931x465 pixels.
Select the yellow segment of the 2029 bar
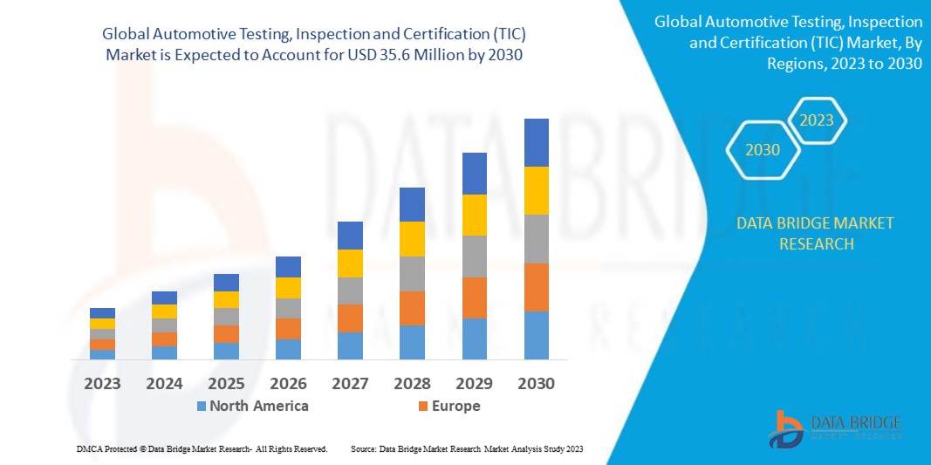tap(474, 215)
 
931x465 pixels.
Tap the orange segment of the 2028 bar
tap(412, 308)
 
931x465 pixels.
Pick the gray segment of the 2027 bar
tap(350, 291)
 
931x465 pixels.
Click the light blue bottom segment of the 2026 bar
tap(288, 349)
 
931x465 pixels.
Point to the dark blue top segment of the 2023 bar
tap(102, 313)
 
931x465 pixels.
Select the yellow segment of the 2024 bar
tap(164, 311)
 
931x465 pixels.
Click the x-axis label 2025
tap(227, 383)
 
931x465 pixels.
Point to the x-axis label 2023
tap(102, 383)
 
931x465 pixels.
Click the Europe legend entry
tap(448, 406)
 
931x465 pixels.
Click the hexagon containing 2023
tap(817, 120)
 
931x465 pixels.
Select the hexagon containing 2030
tap(762, 150)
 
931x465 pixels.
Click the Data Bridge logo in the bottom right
tap(834, 427)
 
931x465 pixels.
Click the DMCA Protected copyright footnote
tap(202, 448)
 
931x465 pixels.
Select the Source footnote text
tap(466, 448)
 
